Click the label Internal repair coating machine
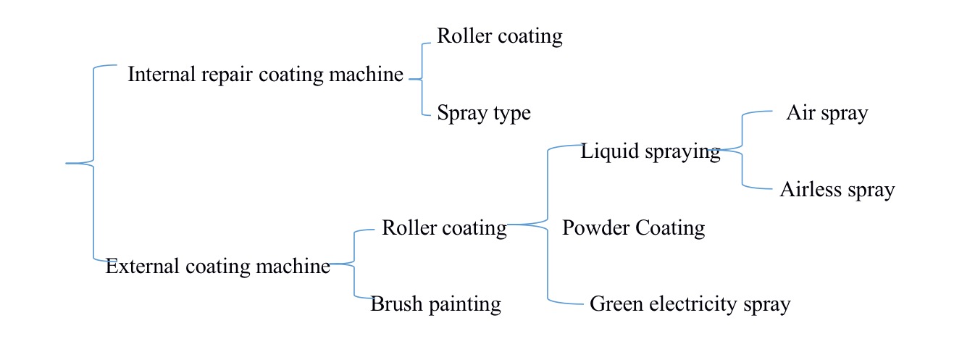[x=265, y=75]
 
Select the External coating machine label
[x=217, y=267]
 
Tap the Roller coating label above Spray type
[x=499, y=36]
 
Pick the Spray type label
[x=483, y=114]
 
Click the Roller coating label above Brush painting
[x=443, y=228]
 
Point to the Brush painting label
[x=435, y=304]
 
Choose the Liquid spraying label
[x=650, y=152]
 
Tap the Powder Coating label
[x=633, y=228]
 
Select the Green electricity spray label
[x=690, y=304]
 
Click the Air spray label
[x=827, y=114]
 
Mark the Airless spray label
[x=837, y=191]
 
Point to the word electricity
[x=698, y=304]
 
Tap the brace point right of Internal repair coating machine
[x=410, y=79]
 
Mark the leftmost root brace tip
[x=67, y=164]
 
